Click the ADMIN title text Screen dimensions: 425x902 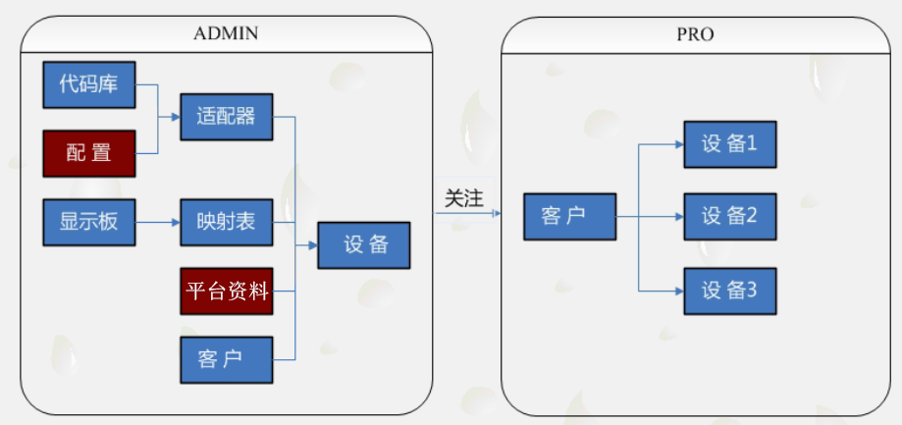coord(226,33)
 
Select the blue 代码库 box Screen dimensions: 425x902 coord(88,84)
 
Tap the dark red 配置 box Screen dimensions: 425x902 coord(88,153)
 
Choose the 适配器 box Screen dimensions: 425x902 coord(226,117)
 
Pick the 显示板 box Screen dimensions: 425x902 coord(88,222)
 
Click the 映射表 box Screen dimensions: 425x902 coord(226,222)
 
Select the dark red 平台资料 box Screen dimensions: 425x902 coord(226,291)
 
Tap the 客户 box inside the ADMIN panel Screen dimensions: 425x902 coord(226,359)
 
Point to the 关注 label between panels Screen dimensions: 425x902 coord(464,197)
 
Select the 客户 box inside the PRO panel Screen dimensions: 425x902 coord(569,216)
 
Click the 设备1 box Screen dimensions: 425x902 coord(730,144)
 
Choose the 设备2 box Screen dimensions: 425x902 coord(730,216)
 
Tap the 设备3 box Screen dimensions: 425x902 coord(730,291)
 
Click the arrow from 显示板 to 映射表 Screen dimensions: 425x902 coord(157,222)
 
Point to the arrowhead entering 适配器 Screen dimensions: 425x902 coord(176,117)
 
